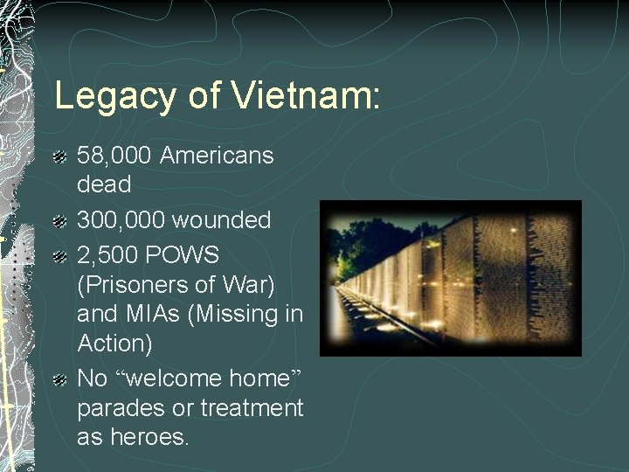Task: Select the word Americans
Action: (x=218, y=156)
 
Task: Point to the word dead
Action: (x=104, y=185)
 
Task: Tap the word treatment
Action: (x=252, y=408)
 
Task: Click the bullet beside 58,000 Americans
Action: (x=59, y=158)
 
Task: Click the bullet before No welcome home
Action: (x=59, y=381)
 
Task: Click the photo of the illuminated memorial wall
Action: (x=450, y=278)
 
